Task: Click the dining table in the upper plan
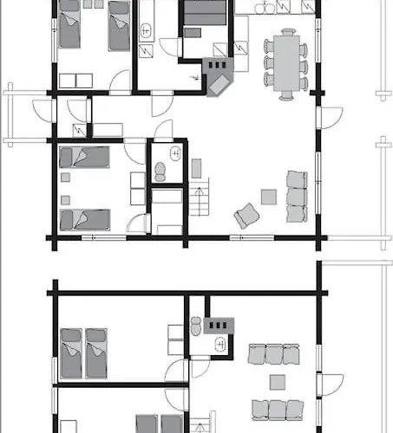tap(285, 59)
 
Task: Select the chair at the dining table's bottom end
tap(285, 94)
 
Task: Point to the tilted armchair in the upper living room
tap(246, 215)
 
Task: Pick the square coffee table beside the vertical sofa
tap(269, 197)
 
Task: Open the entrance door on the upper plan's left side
tap(42, 111)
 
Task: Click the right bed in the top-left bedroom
tap(118, 24)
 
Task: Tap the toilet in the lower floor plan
tap(196, 326)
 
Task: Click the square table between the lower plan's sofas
tap(278, 382)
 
